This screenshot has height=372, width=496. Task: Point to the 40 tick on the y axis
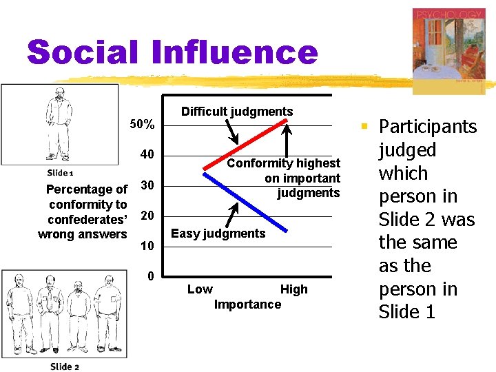(147, 154)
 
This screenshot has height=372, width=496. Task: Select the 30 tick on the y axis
(147, 185)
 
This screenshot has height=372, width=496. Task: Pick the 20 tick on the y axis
(147, 216)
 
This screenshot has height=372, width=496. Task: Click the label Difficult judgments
(236, 112)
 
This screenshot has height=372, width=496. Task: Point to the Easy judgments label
(218, 234)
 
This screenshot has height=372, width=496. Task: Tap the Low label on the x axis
(200, 289)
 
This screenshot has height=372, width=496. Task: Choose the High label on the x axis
(293, 289)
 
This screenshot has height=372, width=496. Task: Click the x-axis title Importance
(247, 304)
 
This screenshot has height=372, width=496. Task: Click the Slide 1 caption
(60, 173)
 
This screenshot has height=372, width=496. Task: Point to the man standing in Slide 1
(59, 124)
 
